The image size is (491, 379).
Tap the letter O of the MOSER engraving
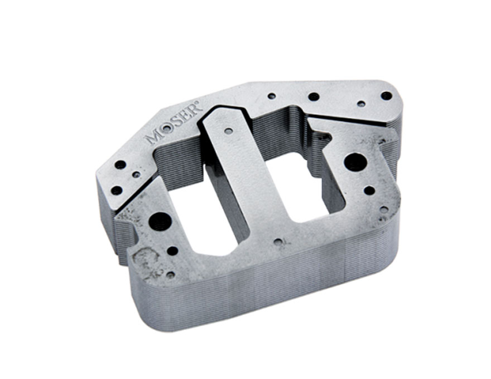tap(167, 128)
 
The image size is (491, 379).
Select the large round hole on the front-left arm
tap(160, 221)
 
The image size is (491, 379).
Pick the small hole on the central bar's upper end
tap(229, 130)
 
